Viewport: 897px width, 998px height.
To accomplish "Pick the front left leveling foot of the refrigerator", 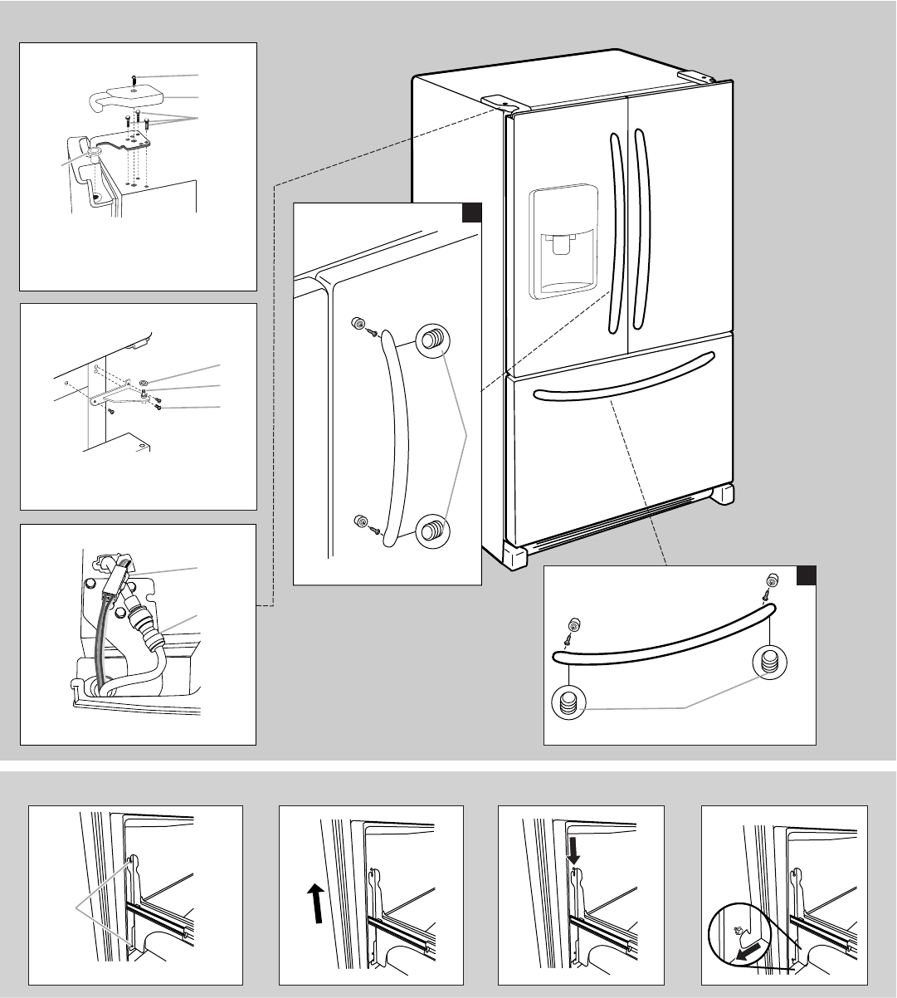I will (x=515, y=555).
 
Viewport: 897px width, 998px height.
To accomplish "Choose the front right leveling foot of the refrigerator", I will (x=720, y=495).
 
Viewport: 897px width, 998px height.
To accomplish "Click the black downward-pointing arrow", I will (x=573, y=848).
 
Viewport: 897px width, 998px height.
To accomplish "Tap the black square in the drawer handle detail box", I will (x=807, y=575).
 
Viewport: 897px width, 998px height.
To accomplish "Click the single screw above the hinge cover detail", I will (x=134, y=79).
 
